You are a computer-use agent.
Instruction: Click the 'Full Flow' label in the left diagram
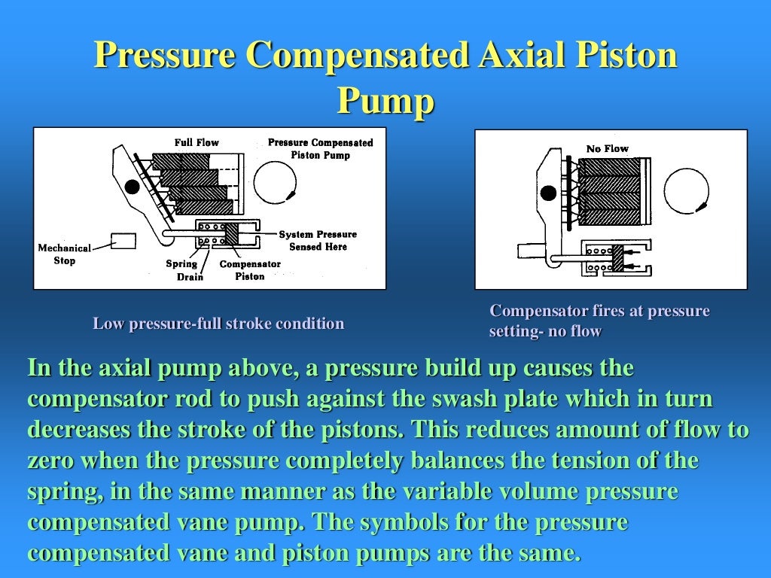pyautogui.click(x=197, y=142)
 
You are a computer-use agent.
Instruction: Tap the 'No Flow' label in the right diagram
pyautogui.click(x=607, y=148)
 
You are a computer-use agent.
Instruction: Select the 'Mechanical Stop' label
pyautogui.click(x=64, y=254)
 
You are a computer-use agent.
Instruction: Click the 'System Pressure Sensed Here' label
pyautogui.click(x=318, y=241)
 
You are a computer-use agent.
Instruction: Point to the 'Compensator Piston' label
pyautogui.click(x=250, y=270)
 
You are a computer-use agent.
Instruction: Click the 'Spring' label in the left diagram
pyautogui.click(x=181, y=263)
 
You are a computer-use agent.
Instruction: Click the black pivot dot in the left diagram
pyautogui.click(x=133, y=185)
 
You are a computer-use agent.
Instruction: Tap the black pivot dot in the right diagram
pyautogui.click(x=548, y=193)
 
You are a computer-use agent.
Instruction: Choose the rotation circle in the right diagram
pyautogui.click(x=686, y=189)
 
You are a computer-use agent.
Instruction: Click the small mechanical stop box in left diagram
pyautogui.click(x=123, y=241)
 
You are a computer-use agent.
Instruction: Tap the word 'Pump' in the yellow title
pyautogui.click(x=385, y=101)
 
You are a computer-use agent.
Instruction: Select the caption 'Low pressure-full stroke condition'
pyautogui.click(x=218, y=324)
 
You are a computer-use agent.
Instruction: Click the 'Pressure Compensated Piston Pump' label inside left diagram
pyautogui.click(x=320, y=149)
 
